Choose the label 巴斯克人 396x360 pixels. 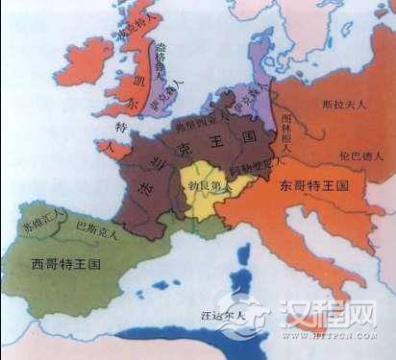(x=97, y=229)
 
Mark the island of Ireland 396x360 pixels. (x=91, y=60)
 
